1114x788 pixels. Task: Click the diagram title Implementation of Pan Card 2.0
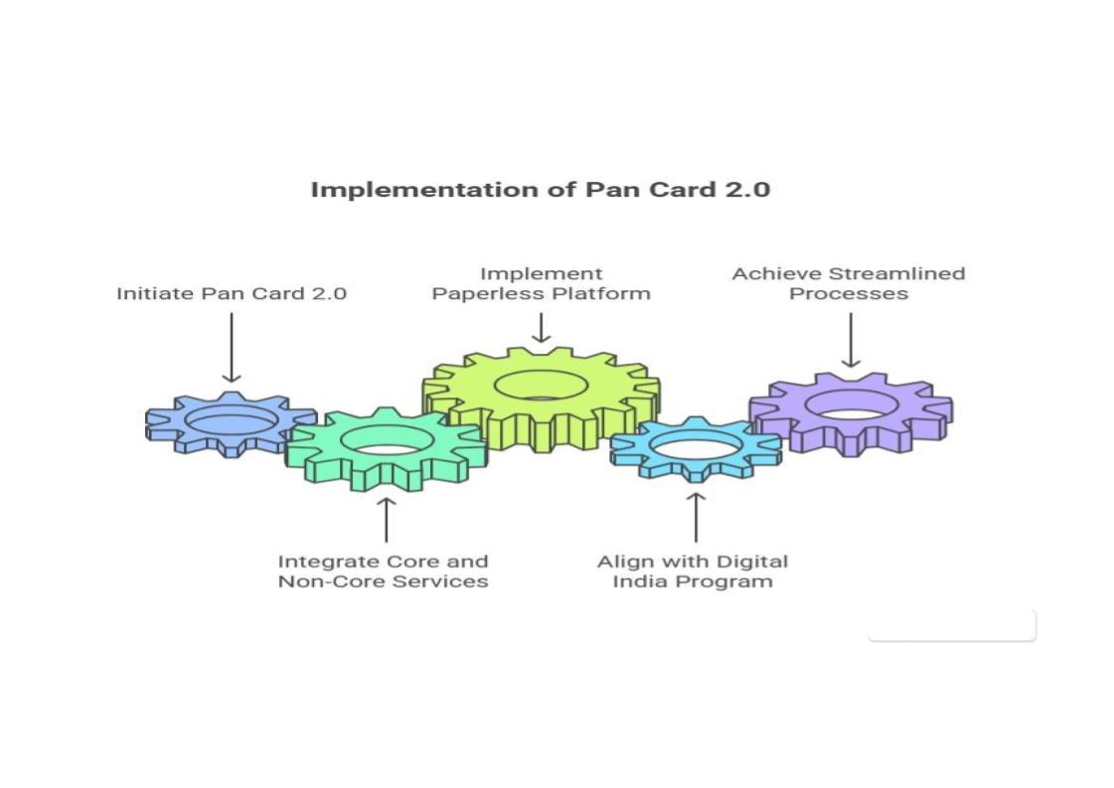[x=540, y=189]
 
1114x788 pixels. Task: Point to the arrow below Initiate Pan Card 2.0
[x=231, y=347]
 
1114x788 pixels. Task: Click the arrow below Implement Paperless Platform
[x=541, y=328]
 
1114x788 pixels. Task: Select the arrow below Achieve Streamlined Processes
[x=850, y=340]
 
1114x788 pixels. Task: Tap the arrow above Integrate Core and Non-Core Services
[x=386, y=519]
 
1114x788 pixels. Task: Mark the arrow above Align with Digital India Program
[x=695, y=516]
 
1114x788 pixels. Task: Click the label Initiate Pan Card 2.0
[x=231, y=293]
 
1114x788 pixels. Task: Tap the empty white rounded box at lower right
[x=951, y=625]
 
